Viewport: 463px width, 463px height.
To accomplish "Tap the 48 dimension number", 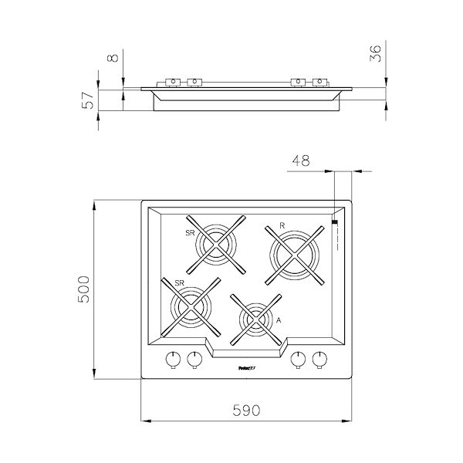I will [302, 161].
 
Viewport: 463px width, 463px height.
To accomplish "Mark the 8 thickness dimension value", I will [113, 59].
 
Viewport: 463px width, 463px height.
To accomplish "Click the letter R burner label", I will [282, 225].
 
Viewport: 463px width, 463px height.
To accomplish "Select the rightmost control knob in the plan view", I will [319, 359].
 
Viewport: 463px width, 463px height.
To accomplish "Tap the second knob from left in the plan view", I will [194, 359].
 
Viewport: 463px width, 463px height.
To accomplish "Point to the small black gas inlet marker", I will [334, 222].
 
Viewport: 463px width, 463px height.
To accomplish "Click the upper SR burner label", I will [189, 231].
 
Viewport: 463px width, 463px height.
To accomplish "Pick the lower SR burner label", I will [167, 284].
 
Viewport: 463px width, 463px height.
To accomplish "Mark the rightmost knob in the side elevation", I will [319, 82].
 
